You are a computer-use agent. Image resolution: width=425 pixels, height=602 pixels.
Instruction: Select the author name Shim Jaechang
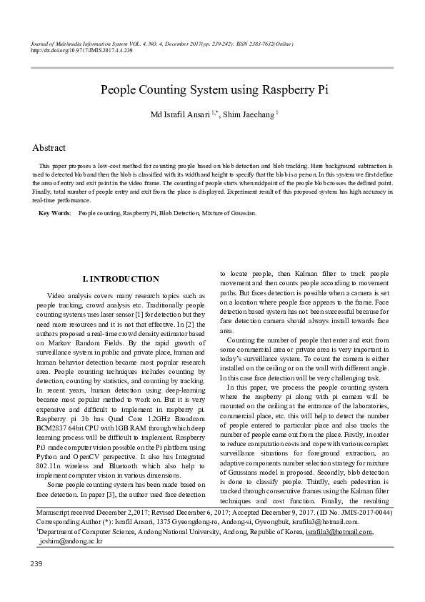(249, 114)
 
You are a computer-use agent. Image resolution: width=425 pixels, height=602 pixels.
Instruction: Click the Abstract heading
(49, 148)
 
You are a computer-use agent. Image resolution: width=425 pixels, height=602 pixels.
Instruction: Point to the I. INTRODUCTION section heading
(121, 279)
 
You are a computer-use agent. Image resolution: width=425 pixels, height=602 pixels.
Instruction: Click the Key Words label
(54, 213)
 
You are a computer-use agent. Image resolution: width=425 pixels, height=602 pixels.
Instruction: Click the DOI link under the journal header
(82, 51)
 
